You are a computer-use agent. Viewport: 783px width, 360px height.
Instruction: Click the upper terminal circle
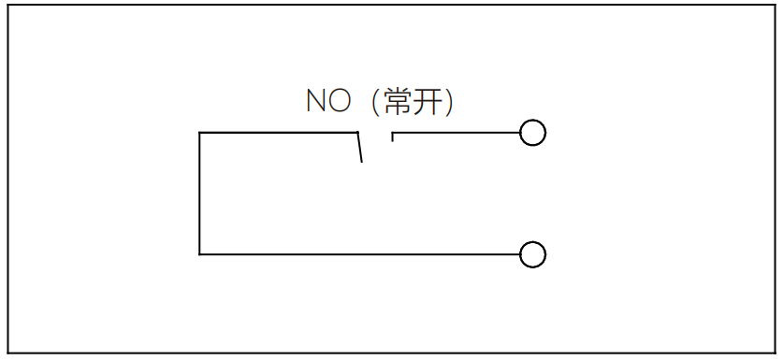tap(532, 134)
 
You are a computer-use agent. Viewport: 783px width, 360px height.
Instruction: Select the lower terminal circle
tap(532, 254)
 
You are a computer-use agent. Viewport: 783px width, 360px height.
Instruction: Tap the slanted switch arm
tap(358, 148)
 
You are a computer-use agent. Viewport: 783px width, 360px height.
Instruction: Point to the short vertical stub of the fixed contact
tap(393, 137)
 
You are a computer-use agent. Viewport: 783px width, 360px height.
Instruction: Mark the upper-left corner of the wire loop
tap(200, 134)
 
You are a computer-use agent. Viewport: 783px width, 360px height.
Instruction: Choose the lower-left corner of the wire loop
tap(200, 253)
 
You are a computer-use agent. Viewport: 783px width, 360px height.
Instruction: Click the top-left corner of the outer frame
tap(8, 6)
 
